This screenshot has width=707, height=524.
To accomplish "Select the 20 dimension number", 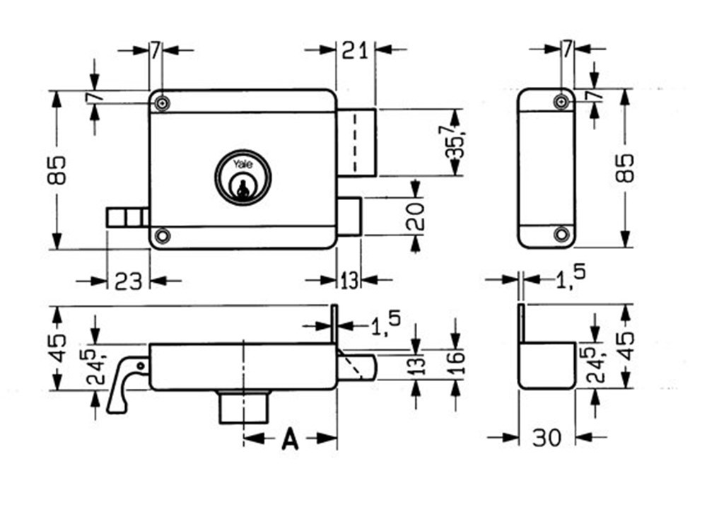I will click(x=416, y=216).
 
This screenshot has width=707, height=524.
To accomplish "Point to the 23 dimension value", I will click(x=128, y=281).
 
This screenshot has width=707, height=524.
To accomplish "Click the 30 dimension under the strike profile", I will click(x=547, y=438).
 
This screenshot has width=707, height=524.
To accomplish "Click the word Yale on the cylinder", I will click(x=243, y=165).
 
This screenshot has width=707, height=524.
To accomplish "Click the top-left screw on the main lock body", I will click(x=163, y=103).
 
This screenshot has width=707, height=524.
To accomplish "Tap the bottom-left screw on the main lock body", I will click(x=163, y=235).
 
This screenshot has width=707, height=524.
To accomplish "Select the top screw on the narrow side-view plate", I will click(x=562, y=102).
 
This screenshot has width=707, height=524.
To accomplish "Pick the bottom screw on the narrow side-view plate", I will click(x=562, y=234).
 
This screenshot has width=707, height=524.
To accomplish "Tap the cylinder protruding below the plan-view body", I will click(x=243, y=407).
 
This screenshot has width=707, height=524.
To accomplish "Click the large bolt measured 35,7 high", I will click(x=356, y=142).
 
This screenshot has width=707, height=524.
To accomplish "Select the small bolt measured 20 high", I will click(x=349, y=216).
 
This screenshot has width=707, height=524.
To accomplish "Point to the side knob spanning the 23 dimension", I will click(x=127, y=217).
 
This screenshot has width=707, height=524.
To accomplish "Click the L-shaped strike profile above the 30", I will click(x=546, y=364).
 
